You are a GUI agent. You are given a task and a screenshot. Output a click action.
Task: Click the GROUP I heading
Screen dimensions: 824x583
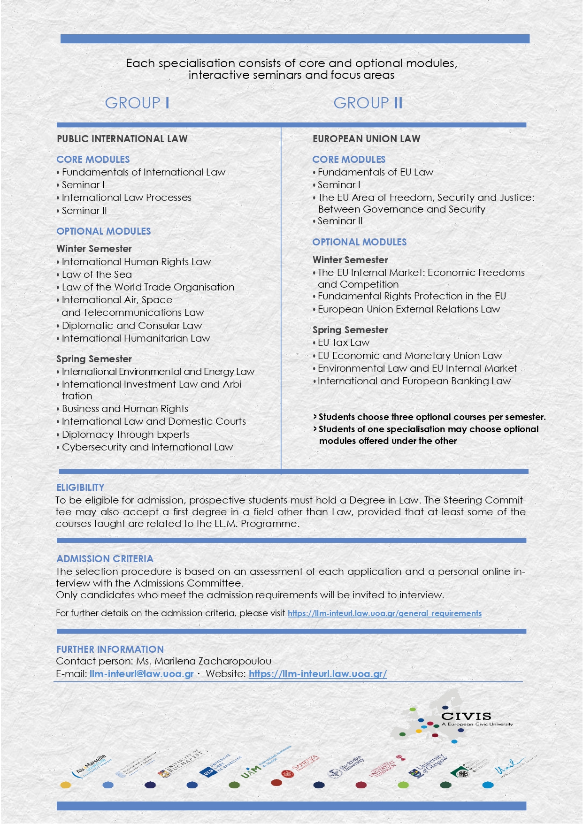click(x=137, y=103)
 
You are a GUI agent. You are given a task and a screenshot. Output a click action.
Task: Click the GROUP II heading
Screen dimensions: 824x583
click(x=368, y=103)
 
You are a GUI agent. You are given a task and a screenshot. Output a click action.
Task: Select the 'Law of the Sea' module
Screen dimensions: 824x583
click(x=97, y=275)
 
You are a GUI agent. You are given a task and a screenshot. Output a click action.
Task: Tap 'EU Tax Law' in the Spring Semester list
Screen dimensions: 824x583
click(x=344, y=343)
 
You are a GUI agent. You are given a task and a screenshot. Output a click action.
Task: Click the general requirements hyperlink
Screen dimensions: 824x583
click(x=384, y=613)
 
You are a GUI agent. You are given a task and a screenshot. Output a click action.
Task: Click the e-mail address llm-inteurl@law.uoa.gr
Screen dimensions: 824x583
click(x=142, y=674)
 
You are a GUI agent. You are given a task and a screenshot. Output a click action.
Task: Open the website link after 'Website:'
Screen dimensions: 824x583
click(x=318, y=674)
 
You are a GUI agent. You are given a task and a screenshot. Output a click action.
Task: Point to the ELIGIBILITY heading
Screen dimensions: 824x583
click(x=80, y=488)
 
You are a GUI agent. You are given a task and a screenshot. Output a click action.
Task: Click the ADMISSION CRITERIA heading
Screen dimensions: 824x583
click(x=105, y=559)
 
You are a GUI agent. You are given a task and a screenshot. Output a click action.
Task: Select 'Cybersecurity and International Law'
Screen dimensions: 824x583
click(x=147, y=447)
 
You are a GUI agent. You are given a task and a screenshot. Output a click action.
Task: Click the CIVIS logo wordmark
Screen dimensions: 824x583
click(x=466, y=717)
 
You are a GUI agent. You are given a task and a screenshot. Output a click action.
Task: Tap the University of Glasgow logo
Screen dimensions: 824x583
click(x=429, y=766)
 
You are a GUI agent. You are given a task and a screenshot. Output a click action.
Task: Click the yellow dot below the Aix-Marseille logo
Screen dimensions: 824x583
click(x=66, y=785)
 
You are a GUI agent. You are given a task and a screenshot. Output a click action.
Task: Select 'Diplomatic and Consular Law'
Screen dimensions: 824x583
click(x=132, y=326)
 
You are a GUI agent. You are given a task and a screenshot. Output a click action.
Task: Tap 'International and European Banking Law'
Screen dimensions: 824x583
click(x=414, y=381)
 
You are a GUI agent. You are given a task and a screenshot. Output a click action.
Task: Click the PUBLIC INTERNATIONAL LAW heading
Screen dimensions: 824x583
click(x=122, y=139)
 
